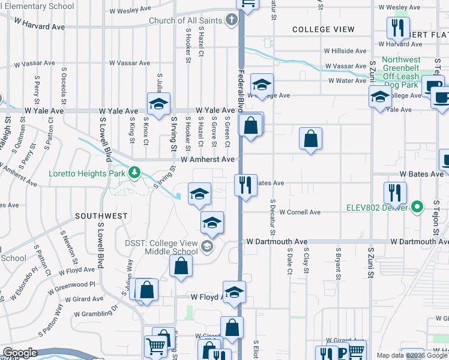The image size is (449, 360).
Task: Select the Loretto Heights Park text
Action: point(87,174)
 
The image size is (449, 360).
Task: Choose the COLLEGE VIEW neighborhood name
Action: point(320,29)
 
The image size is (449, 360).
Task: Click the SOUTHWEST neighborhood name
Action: point(101,215)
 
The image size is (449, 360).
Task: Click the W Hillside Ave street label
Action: point(345,52)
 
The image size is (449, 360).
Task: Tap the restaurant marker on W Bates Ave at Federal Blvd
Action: point(245,185)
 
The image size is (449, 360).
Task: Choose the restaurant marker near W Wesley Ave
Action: point(398,28)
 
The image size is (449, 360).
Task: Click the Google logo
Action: point(20,353)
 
